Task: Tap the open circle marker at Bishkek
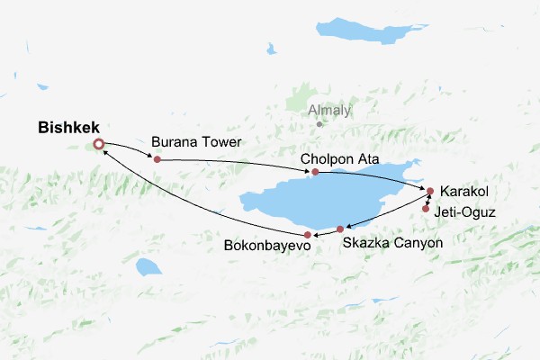99,144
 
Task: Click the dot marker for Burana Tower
157,159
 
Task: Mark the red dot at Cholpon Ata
315,171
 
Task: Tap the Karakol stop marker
430,191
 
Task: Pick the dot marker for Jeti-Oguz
426,209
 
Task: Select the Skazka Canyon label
393,243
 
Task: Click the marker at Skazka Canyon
340,229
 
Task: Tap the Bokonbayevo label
267,244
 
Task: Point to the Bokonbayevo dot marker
309,235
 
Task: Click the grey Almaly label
329,111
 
